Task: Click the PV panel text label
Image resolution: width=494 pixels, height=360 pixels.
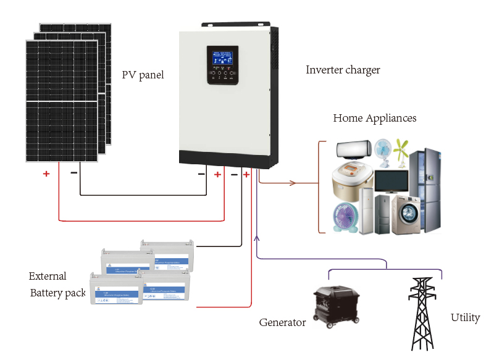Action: pos(143,75)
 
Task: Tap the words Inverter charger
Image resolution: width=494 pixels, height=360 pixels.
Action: pos(343,70)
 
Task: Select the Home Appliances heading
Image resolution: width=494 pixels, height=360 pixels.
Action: pos(375,118)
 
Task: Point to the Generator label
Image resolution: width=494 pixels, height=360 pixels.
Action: pos(282,322)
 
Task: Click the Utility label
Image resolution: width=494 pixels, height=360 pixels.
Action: pos(465,317)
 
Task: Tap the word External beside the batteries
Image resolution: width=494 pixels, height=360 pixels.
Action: pos(48,276)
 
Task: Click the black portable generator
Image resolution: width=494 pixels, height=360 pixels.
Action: pos(333,304)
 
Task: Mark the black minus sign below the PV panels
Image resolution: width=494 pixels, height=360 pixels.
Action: pos(74,172)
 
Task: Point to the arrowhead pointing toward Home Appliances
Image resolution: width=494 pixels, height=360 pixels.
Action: pos(293,183)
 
